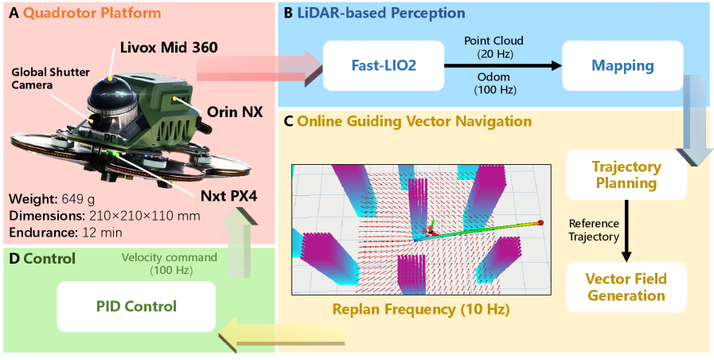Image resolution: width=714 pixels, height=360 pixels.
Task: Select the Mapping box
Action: coord(622,65)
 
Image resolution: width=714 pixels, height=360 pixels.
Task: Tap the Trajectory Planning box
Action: coord(626,175)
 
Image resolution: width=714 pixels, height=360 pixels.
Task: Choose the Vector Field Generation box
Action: coord(626,287)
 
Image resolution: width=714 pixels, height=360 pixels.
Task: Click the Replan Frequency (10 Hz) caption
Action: coord(421,308)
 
